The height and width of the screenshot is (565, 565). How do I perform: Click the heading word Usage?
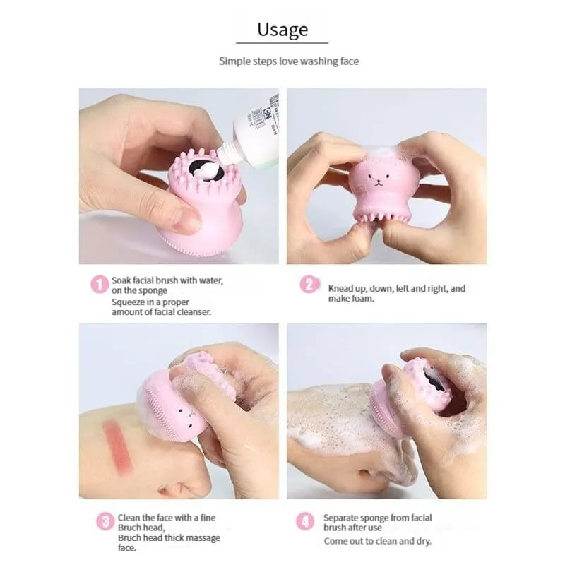coord(282,29)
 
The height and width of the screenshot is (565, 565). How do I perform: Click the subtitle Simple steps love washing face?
coord(288,61)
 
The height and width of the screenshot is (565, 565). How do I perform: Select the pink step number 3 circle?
coord(105,522)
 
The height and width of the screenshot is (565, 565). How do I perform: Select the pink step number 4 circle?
coord(305,522)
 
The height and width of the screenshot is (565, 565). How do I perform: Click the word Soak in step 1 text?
coord(122,280)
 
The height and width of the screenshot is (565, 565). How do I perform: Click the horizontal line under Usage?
coord(282,43)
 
